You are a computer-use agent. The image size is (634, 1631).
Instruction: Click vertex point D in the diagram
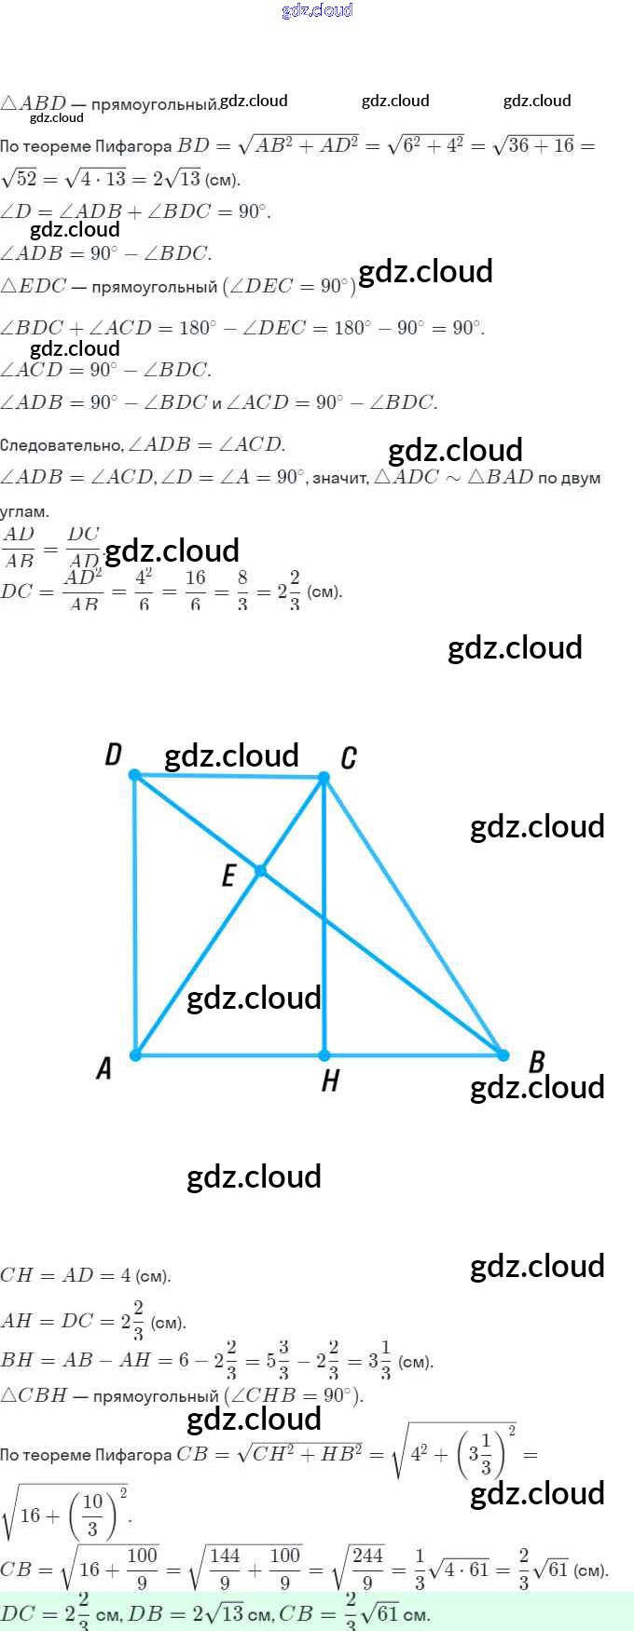pyautogui.click(x=135, y=775)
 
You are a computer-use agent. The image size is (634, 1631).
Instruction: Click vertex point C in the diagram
pyautogui.click(x=324, y=777)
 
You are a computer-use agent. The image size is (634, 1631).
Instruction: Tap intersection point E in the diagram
pyautogui.click(x=261, y=871)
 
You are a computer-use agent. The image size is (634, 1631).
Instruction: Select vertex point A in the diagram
pyautogui.click(x=136, y=1055)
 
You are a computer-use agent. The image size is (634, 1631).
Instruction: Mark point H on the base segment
pyautogui.click(x=324, y=1055)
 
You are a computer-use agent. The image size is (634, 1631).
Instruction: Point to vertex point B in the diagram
pyautogui.click(x=503, y=1055)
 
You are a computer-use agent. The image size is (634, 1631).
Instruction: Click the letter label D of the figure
pyautogui.click(x=114, y=754)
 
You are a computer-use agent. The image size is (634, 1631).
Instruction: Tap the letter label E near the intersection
pyautogui.click(x=228, y=876)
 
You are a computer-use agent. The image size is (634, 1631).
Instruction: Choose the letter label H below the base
pyautogui.click(x=330, y=1081)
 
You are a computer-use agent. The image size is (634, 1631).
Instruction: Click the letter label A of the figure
pyautogui.click(x=104, y=1068)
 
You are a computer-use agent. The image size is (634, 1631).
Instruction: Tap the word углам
pyautogui.click(x=24, y=511)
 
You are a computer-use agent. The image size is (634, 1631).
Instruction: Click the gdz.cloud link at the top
pyautogui.click(x=317, y=10)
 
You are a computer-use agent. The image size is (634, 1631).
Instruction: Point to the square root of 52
pyautogui.click(x=19, y=179)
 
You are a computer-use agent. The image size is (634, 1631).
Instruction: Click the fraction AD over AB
pyautogui.click(x=19, y=548)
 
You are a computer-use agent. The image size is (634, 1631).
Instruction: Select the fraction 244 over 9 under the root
pyautogui.click(x=366, y=1569)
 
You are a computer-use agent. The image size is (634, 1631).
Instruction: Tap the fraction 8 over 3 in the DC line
pyautogui.click(x=242, y=591)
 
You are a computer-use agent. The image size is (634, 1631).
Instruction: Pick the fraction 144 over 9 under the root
pyautogui.click(x=225, y=1569)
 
